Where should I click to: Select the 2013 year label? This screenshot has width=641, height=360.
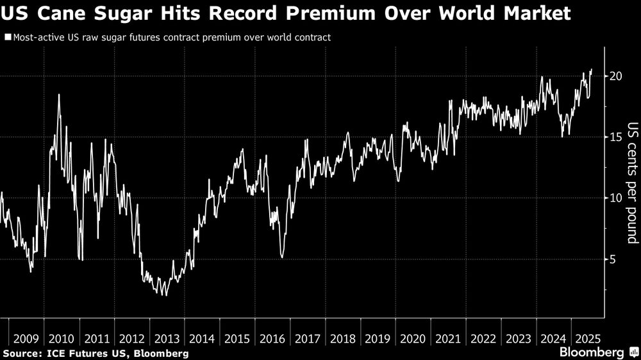tap(167, 339)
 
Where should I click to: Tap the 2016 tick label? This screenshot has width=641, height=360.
tap(273, 339)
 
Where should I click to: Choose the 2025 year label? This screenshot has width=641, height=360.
tap(587, 339)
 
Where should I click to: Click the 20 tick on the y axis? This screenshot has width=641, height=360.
tap(617, 76)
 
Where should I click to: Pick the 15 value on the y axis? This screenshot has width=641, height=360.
tap(617, 137)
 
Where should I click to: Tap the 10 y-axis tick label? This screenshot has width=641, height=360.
tap(617, 198)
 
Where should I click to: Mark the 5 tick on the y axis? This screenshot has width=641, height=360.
tap(613, 259)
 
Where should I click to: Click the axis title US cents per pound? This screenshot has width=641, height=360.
tap(632, 183)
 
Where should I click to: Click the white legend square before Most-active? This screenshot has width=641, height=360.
tap(7, 37)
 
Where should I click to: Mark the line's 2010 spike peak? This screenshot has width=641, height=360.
tap(59, 95)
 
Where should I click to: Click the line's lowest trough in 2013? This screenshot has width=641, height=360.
tap(165, 295)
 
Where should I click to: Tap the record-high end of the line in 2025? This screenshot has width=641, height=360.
tap(592, 69)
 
